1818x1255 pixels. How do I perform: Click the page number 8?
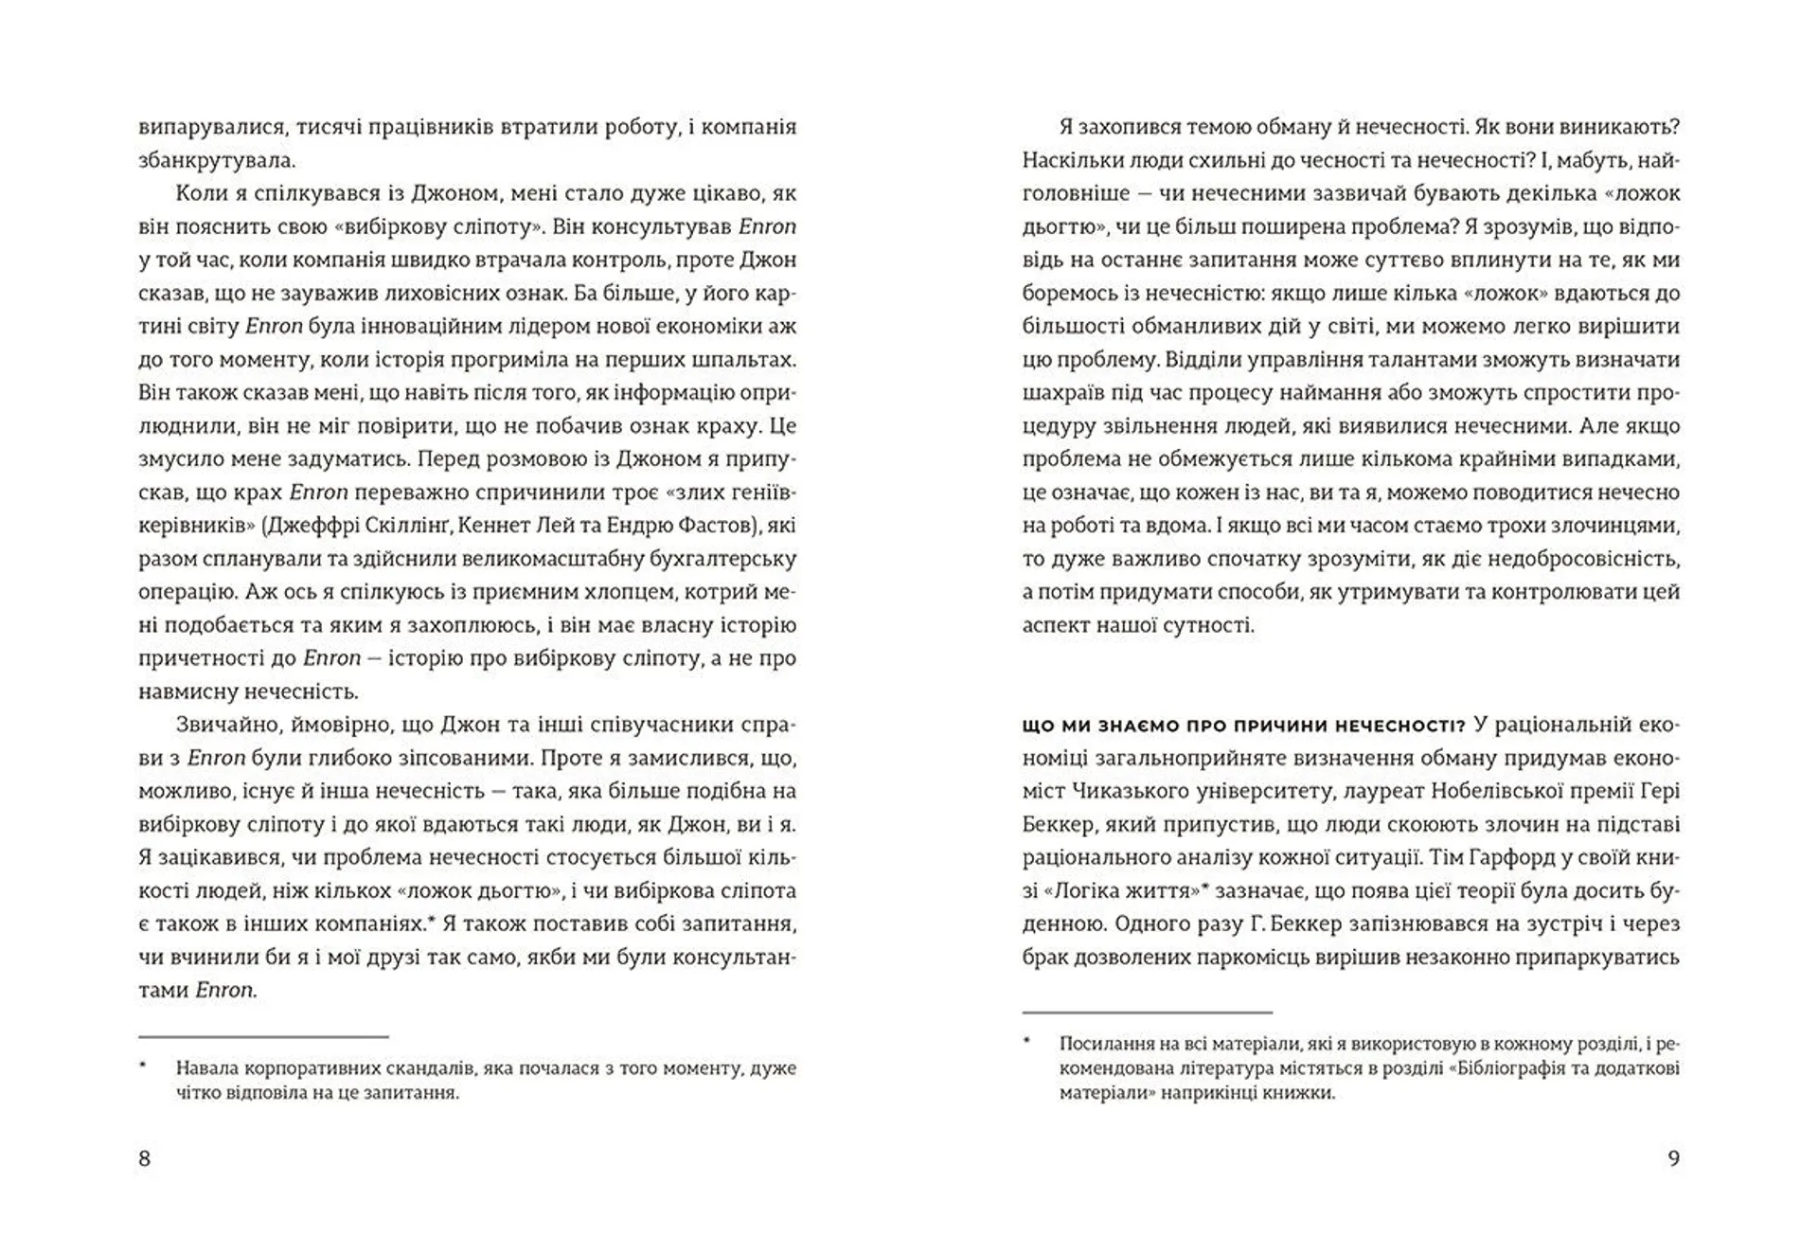click(145, 1158)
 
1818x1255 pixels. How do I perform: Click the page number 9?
click(1673, 1158)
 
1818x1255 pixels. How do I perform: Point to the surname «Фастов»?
click(704, 526)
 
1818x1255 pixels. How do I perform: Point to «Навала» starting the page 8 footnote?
click(205, 1068)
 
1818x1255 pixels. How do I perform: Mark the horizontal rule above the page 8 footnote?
click(263, 1037)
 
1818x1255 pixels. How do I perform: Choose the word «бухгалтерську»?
click(719, 559)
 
